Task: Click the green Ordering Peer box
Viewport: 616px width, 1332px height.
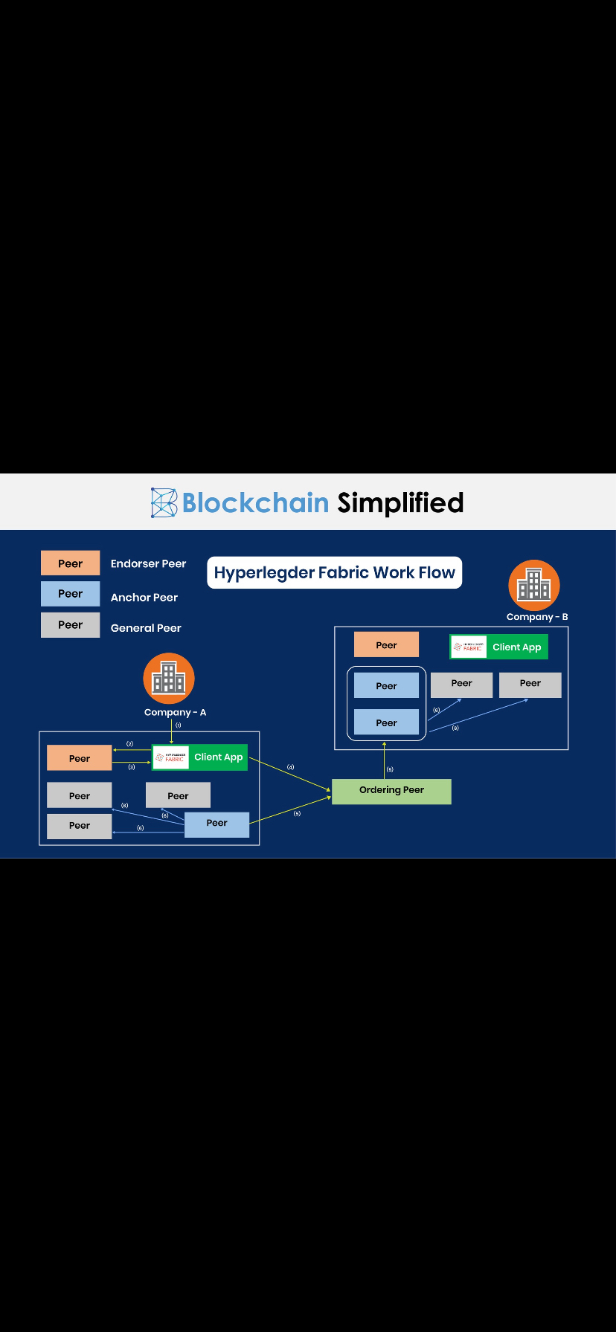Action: (391, 791)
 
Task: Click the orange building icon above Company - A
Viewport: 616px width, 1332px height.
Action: (169, 678)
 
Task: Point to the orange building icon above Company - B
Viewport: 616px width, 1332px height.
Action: (533, 585)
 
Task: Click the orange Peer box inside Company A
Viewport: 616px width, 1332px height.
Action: (80, 758)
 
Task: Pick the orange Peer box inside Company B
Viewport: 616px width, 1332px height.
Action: (386, 645)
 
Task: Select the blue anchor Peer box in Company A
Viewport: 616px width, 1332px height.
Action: (216, 824)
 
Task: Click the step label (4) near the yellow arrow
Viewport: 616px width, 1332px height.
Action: (291, 766)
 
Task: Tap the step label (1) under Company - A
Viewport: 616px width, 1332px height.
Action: (178, 725)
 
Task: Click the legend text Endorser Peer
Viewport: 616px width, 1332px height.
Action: (148, 564)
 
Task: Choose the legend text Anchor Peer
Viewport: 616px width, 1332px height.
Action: (144, 598)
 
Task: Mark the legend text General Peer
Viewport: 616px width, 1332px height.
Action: (146, 628)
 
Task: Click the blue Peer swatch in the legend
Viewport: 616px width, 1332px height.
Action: (70, 594)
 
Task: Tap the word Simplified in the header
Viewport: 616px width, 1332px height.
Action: (400, 503)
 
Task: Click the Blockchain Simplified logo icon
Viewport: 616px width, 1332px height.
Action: (164, 502)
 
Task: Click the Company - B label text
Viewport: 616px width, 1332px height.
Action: (537, 617)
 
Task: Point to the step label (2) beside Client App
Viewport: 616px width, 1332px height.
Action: (129, 743)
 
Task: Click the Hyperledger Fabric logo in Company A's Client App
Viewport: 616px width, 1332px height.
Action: (171, 757)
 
